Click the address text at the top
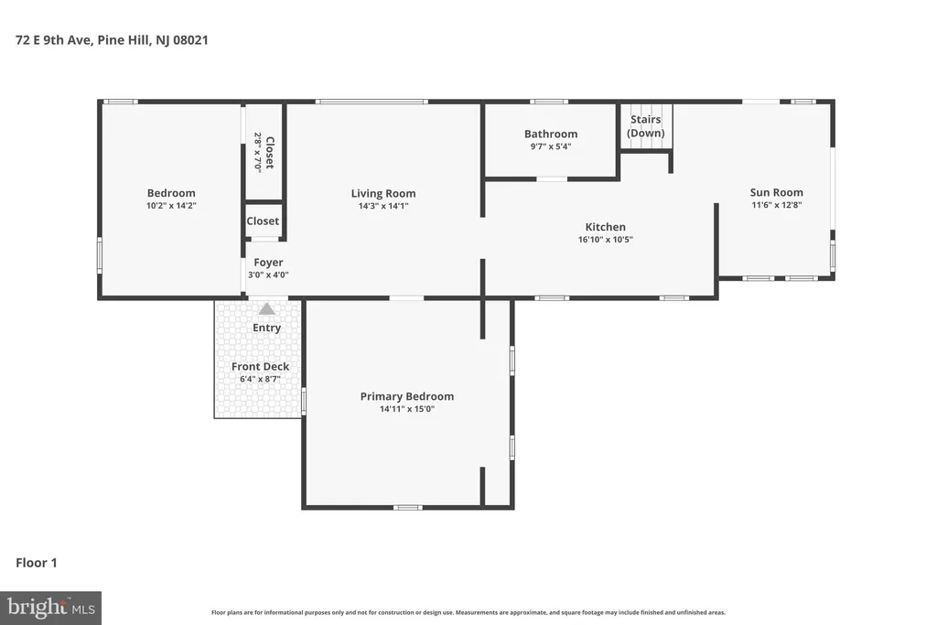click(112, 40)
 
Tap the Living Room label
click(383, 193)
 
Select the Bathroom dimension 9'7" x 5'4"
click(551, 146)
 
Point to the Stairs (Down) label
click(645, 126)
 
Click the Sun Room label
click(776, 192)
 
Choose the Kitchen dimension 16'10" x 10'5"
click(606, 240)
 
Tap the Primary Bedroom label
click(407, 396)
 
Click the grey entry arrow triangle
click(266, 309)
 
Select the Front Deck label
click(260, 366)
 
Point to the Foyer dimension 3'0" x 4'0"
click(268, 275)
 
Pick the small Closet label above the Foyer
click(263, 221)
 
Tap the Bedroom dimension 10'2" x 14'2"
click(171, 206)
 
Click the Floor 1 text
click(37, 563)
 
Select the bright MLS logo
click(51, 609)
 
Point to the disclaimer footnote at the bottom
click(468, 612)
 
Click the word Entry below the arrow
click(266, 328)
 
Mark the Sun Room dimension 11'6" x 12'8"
click(776, 205)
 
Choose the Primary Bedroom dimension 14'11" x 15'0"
click(407, 409)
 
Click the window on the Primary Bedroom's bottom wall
click(407, 507)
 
